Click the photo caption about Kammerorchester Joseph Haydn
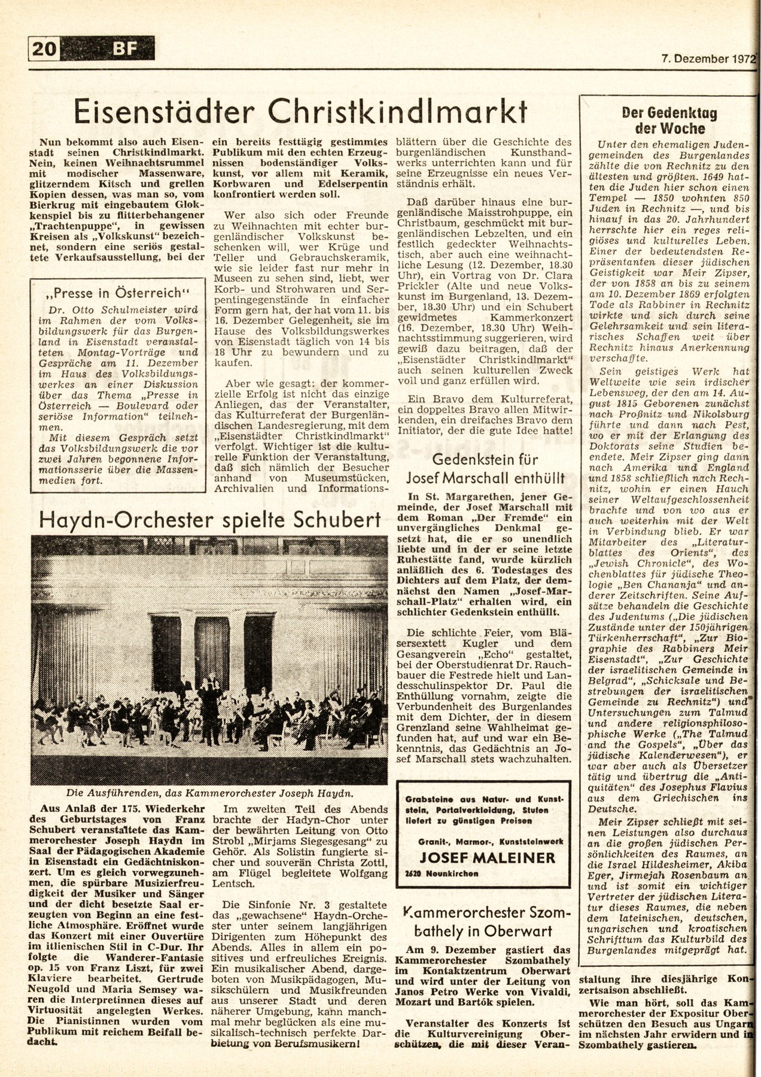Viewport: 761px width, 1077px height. (x=210, y=793)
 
